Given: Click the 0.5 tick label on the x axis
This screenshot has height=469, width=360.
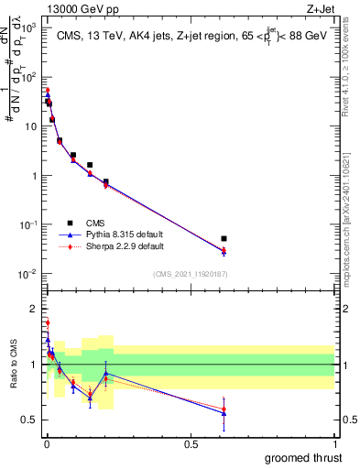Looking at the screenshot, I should (190, 443).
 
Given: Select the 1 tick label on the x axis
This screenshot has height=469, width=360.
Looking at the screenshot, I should (334, 443).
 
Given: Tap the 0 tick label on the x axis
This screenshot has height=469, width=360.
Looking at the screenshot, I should (46, 443).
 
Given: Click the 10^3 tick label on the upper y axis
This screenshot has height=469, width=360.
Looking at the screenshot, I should (30, 28).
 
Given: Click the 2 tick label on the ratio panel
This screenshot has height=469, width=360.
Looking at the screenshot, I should (35, 308).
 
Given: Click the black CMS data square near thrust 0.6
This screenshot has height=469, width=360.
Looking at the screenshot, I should (224, 238).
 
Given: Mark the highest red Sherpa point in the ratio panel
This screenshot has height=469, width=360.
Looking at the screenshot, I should (48, 322).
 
